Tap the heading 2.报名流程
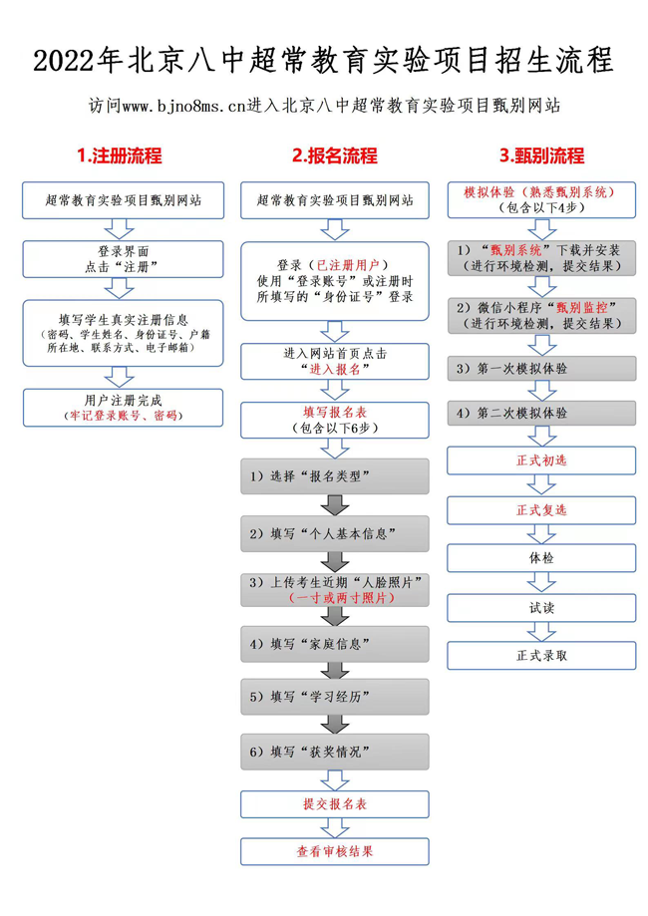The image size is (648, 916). coord(335,155)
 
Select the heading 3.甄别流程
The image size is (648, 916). coord(541,155)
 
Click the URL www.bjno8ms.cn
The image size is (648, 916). coord(173,105)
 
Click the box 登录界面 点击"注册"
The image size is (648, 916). coord(123,259)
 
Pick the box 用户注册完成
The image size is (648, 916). coord(123,408)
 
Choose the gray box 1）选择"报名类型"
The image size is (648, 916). coord(335,476)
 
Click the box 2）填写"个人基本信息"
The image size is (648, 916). coord(335,533)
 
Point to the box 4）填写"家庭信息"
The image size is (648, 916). coord(335,644)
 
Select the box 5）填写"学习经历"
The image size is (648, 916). coord(335,697)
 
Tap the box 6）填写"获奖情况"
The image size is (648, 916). coord(335,751)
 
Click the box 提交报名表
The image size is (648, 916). coord(335,803)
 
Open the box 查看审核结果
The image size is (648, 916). coord(335,851)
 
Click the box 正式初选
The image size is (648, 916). coord(541,460)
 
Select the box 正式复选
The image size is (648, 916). coord(541,509)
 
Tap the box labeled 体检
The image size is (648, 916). coord(541,558)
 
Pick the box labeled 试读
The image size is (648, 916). coord(541,607)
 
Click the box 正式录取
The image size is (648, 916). coord(541,655)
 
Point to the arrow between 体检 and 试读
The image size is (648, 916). coord(541,583)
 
